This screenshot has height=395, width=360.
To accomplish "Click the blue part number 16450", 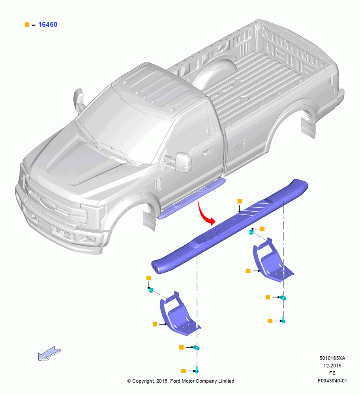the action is pos(48,24).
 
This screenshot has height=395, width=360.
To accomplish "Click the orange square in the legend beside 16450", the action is pos(27,24).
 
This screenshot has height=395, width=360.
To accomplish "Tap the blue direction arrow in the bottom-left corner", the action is pos(49,353).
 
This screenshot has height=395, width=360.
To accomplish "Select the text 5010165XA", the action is pos(332,358).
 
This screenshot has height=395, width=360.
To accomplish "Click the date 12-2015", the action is pos(332,365).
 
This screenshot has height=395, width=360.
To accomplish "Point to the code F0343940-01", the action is pos(332,381).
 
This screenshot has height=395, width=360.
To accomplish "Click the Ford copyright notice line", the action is pos(181,381).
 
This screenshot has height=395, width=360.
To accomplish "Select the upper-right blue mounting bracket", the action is pos(272,261).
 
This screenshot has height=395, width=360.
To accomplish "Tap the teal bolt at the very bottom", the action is pos(197,370).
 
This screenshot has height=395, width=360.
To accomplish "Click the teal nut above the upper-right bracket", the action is pos(251,232).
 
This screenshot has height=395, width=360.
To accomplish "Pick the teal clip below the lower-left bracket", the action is pos(196,348).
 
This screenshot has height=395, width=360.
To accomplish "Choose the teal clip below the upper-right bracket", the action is pos(283,298).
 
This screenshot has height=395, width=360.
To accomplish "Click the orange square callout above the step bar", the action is pos(240,201).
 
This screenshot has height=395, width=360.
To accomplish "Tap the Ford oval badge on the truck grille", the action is pos(48,203).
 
